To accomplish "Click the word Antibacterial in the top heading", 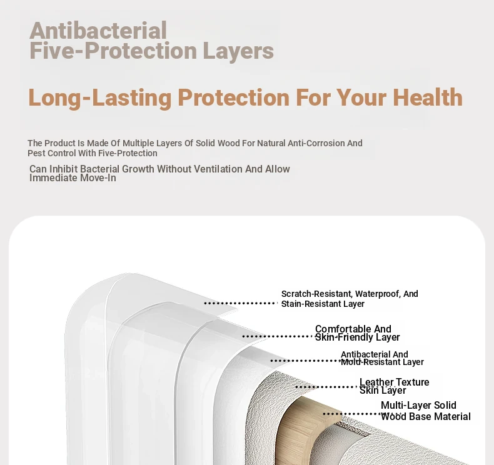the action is pos(98,31).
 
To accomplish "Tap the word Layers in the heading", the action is pos(238,51).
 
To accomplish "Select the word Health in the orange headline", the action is pos(428,97).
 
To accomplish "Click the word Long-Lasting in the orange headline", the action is pos(100,98).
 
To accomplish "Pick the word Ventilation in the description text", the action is pos(218,169).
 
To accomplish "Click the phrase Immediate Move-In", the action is pos(73,178).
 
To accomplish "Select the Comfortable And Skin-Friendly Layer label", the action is pos(357,333).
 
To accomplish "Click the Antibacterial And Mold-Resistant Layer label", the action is pos(382,358).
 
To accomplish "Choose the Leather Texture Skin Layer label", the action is pos(394,386).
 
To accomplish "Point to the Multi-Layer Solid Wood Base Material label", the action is pos(426,411).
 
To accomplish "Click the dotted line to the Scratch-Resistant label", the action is pos(241,303).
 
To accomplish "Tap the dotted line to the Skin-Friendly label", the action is pos(278,336).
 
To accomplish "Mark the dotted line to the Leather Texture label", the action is pos(326,387).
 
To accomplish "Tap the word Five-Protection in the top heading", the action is pos(113,51).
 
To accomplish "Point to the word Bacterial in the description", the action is pos(99,169).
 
